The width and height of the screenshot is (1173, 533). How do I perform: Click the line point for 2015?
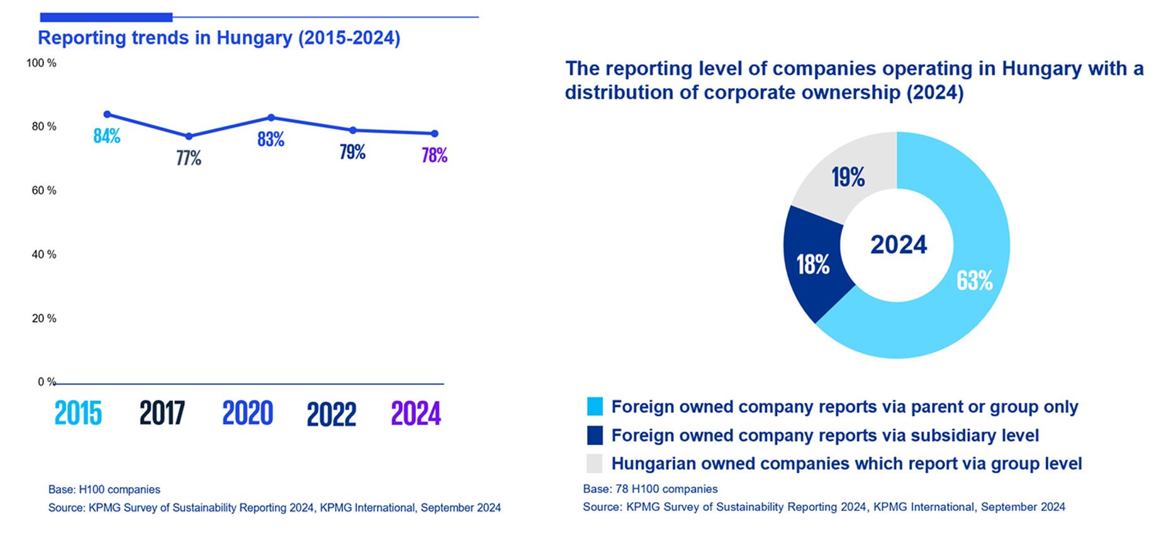pyautogui.click(x=107, y=115)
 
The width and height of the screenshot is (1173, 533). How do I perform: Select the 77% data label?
pyautogui.click(x=189, y=158)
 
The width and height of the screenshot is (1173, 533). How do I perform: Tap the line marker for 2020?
pyautogui.click(x=271, y=118)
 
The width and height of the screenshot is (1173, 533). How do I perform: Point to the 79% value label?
pyautogui.click(x=352, y=152)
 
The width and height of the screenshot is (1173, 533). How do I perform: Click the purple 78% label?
pyautogui.click(x=434, y=155)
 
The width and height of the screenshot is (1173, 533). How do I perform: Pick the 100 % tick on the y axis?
pyautogui.click(x=41, y=64)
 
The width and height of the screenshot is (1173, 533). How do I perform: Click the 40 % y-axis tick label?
pyautogui.click(x=43, y=255)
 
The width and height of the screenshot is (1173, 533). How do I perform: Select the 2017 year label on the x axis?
pyautogui.click(x=162, y=413)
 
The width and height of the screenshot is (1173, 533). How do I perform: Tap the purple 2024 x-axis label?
pyautogui.click(x=416, y=413)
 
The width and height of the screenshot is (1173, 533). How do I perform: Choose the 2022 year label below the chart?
pyautogui.click(x=331, y=414)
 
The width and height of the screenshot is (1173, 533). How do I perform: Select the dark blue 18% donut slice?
pyautogui.click(x=812, y=264)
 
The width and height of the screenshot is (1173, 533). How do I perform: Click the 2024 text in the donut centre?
pyautogui.click(x=899, y=245)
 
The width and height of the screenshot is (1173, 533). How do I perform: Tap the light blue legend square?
pyautogui.click(x=595, y=407)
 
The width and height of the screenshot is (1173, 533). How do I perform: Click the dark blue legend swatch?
pyautogui.click(x=595, y=435)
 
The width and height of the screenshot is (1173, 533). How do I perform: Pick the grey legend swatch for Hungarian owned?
pyautogui.click(x=595, y=464)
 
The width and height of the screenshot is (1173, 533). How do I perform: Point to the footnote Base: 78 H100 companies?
pyautogui.click(x=650, y=489)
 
